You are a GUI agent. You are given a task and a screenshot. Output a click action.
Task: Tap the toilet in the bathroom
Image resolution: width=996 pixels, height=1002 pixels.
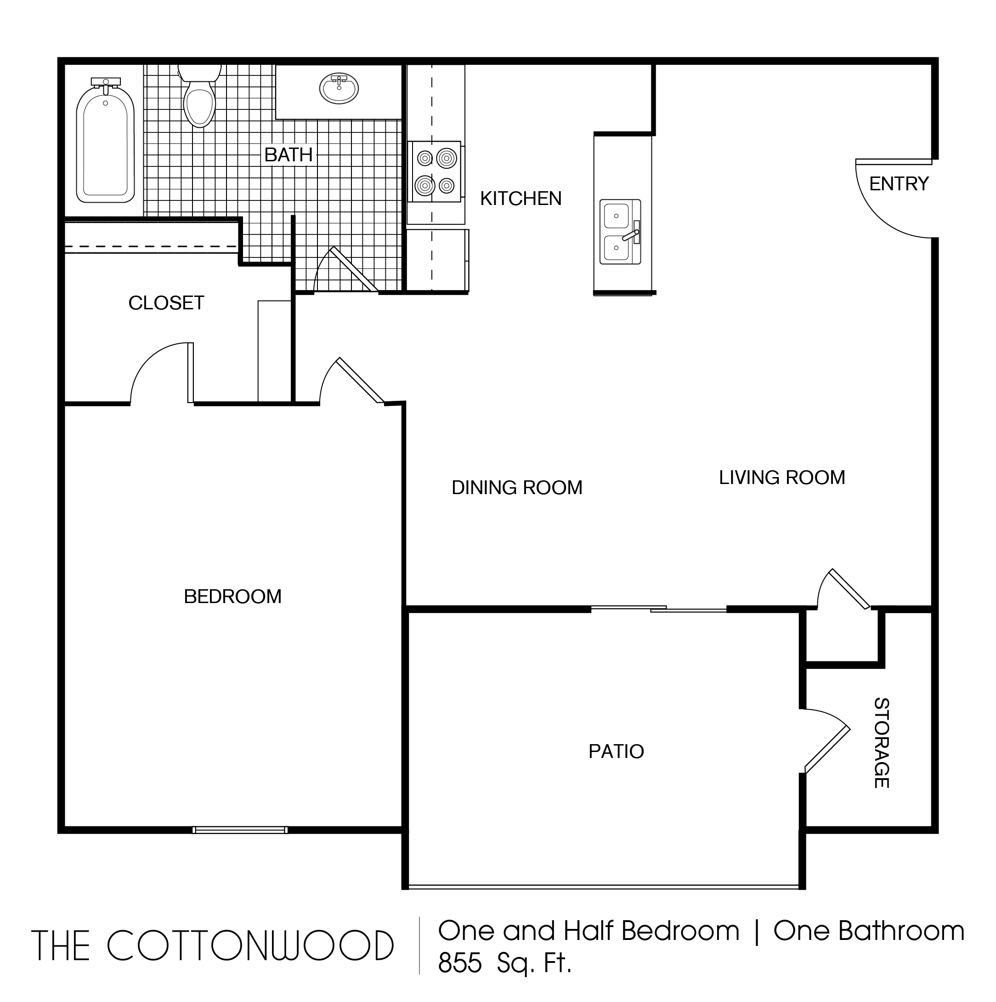click(200, 97)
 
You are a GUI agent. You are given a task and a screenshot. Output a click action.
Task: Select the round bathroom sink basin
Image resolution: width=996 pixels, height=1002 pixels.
click(339, 88)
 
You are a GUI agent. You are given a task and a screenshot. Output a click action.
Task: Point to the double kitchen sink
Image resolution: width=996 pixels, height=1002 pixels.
click(620, 232)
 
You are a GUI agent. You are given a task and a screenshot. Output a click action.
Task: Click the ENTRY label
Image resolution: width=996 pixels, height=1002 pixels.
click(899, 183)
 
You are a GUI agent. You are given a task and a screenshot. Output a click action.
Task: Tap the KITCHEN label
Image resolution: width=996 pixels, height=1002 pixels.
click(521, 199)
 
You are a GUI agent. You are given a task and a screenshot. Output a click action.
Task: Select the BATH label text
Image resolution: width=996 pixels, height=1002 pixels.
click(288, 154)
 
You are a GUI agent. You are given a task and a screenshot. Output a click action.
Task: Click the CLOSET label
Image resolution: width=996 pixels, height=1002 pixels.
click(166, 303)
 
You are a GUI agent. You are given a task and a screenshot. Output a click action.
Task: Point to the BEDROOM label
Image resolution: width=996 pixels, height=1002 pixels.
click(233, 597)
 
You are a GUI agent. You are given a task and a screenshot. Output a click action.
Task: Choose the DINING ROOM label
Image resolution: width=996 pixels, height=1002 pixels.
click(517, 488)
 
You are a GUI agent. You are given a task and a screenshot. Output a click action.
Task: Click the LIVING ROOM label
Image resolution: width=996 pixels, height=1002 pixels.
click(782, 477)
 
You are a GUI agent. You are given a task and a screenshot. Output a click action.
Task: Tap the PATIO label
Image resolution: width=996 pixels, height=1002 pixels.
click(616, 751)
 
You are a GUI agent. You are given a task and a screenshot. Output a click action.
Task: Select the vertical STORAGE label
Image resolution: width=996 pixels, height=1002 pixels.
click(882, 743)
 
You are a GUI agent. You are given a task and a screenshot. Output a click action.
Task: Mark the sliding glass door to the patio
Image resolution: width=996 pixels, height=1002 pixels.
click(658, 609)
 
